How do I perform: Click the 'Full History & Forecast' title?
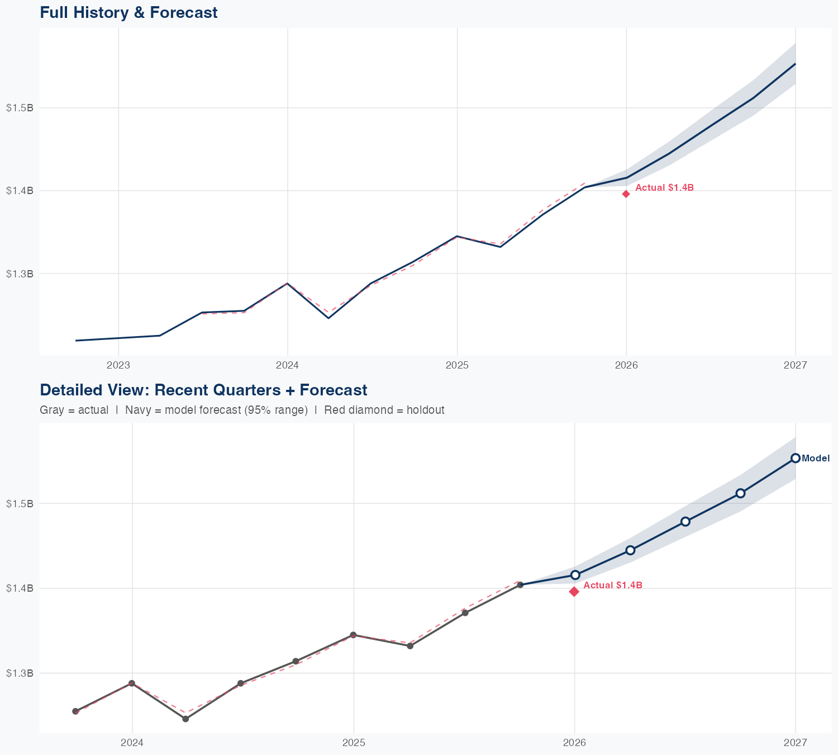128,12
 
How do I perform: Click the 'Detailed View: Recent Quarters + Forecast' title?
203,390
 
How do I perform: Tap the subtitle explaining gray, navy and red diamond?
242,410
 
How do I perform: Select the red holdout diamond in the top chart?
626,194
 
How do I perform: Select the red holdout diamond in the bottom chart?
574,592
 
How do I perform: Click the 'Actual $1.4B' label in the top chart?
664,188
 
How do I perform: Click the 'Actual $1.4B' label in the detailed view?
613,586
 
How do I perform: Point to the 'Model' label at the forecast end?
816,459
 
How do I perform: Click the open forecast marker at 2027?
796,458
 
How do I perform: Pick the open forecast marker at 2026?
575,575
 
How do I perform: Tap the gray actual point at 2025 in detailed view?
353,635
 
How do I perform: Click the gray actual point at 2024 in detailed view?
132,683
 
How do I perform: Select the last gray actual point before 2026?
520,585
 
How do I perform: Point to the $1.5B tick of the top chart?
20,108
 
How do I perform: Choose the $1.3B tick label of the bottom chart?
20,673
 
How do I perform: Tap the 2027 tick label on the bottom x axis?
796,743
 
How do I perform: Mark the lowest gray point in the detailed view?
185,719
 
